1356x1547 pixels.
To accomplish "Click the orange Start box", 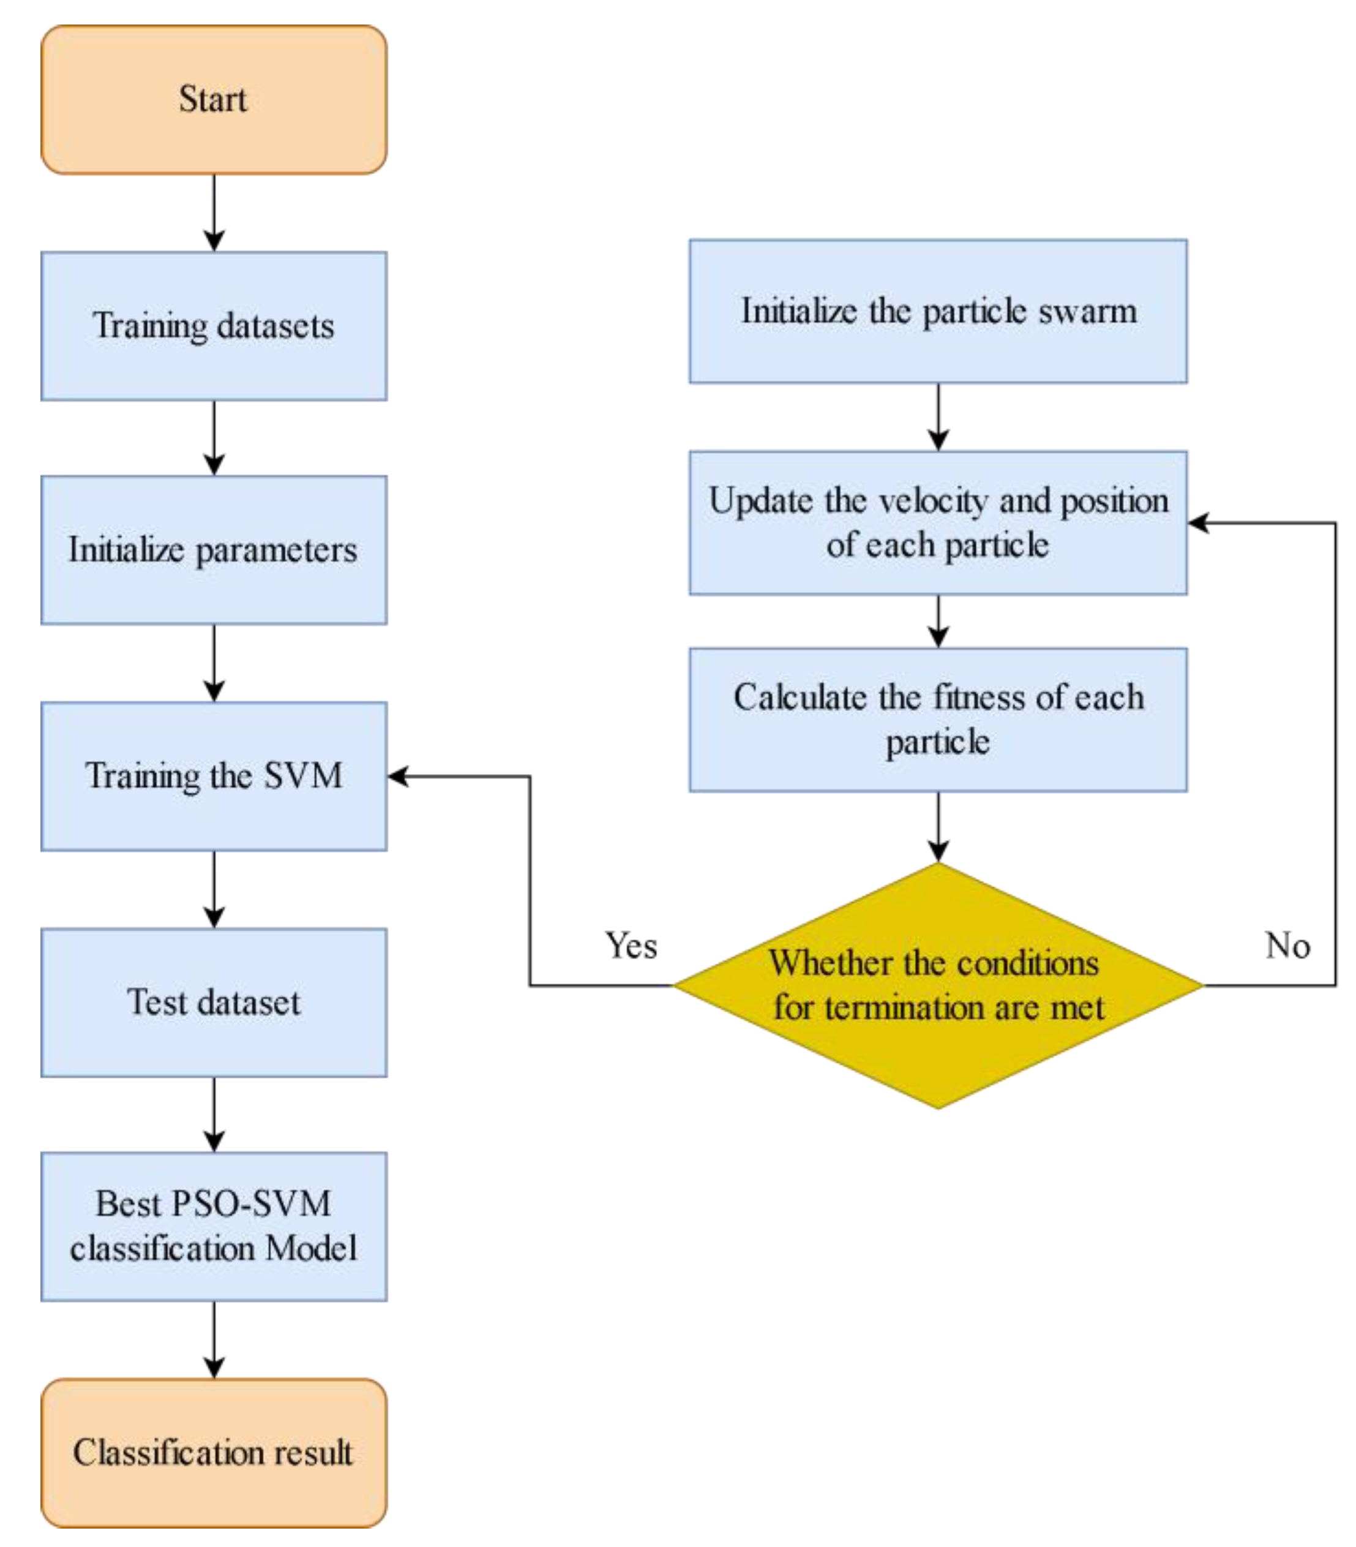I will click(x=214, y=100).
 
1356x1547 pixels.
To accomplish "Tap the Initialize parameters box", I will click(x=214, y=550).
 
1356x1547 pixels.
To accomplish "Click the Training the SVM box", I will click(x=214, y=776).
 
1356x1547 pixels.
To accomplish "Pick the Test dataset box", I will click(x=214, y=1002).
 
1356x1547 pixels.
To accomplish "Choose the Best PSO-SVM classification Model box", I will click(x=214, y=1226).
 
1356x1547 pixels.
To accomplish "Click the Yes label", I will click(x=631, y=946).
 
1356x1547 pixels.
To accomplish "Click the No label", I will click(x=1287, y=946).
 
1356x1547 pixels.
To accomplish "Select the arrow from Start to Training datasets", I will click(x=214, y=212).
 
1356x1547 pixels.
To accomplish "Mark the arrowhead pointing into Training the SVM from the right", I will click(x=398, y=776).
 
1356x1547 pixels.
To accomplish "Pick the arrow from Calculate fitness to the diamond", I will click(x=938, y=827).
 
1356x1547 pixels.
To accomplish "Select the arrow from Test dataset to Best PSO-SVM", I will click(x=214, y=1114).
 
